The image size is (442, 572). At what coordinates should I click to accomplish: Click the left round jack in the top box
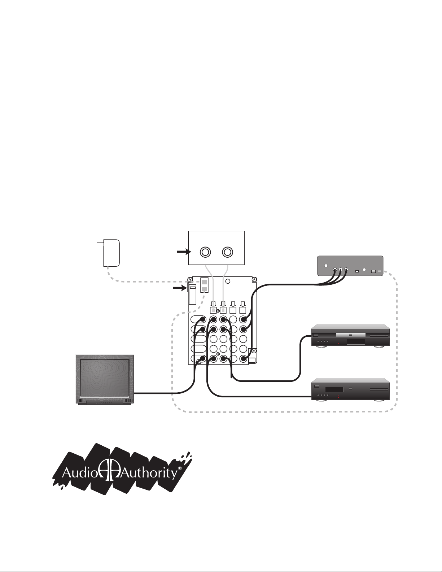click(x=205, y=252)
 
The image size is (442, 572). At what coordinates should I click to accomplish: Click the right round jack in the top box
click(x=227, y=252)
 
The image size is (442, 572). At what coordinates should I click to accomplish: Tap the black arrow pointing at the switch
click(x=179, y=288)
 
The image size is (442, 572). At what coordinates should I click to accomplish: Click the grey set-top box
click(x=350, y=266)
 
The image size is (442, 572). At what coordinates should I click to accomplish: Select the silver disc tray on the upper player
click(x=350, y=335)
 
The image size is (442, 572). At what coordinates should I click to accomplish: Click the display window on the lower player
click(x=334, y=389)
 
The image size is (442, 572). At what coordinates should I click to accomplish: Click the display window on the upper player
click(x=355, y=342)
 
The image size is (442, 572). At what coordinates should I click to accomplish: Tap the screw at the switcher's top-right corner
click(x=254, y=280)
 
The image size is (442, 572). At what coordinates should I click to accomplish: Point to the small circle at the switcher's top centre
click(x=227, y=281)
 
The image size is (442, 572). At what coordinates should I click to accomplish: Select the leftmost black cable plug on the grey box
click(x=335, y=270)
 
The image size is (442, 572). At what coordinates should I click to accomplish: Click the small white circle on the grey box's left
click(x=326, y=266)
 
